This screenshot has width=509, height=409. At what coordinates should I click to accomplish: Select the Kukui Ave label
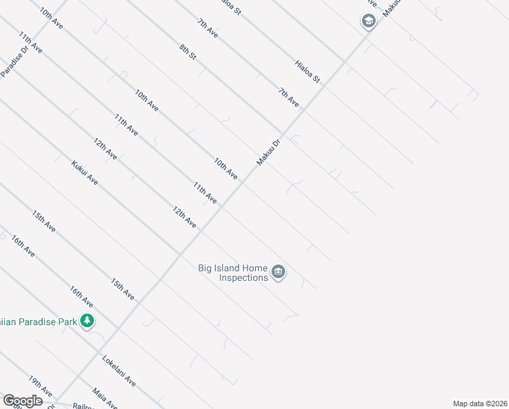pos(84,172)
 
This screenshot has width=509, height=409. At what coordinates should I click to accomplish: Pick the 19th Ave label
pos(40,386)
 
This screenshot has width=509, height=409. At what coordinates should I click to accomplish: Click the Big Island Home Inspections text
pos(233,273)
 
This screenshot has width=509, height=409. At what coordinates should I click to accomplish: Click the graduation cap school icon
pos(368,22)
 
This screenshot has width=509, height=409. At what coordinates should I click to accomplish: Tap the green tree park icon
pos(86,320)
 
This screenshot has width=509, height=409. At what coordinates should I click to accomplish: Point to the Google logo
pos(22,401)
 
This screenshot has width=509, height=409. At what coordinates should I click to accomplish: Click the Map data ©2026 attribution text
pos(479,404)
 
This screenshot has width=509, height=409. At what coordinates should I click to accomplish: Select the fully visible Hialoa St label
pos(308,71)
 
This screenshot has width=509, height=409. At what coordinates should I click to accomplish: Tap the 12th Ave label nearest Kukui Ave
pos(105,149)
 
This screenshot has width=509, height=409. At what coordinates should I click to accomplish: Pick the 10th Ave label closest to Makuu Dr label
pos(226,168)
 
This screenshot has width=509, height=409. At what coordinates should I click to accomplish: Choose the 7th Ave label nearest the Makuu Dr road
pos(289,97)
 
